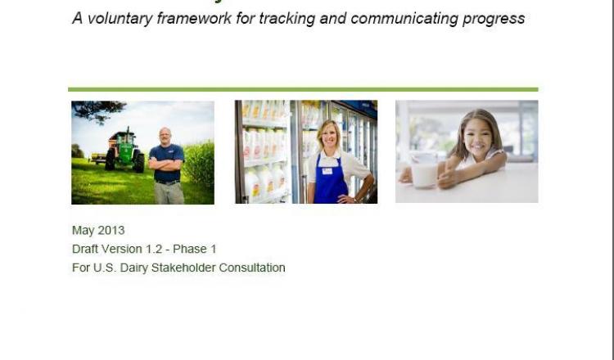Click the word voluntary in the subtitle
(120, 19)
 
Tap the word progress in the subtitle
(494, 19)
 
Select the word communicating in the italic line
(404, 19)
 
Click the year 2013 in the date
(111, 230)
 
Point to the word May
(83, 231)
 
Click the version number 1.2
(154, 249)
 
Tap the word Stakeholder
(183, 268)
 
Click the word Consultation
(252, 268)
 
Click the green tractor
(124, 150)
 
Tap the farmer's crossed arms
(166, 164)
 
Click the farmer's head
(165, 136)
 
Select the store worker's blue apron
(330, 180)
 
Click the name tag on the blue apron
(327, 171)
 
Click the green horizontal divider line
(303, 90)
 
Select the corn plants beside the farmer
(199, 164)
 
